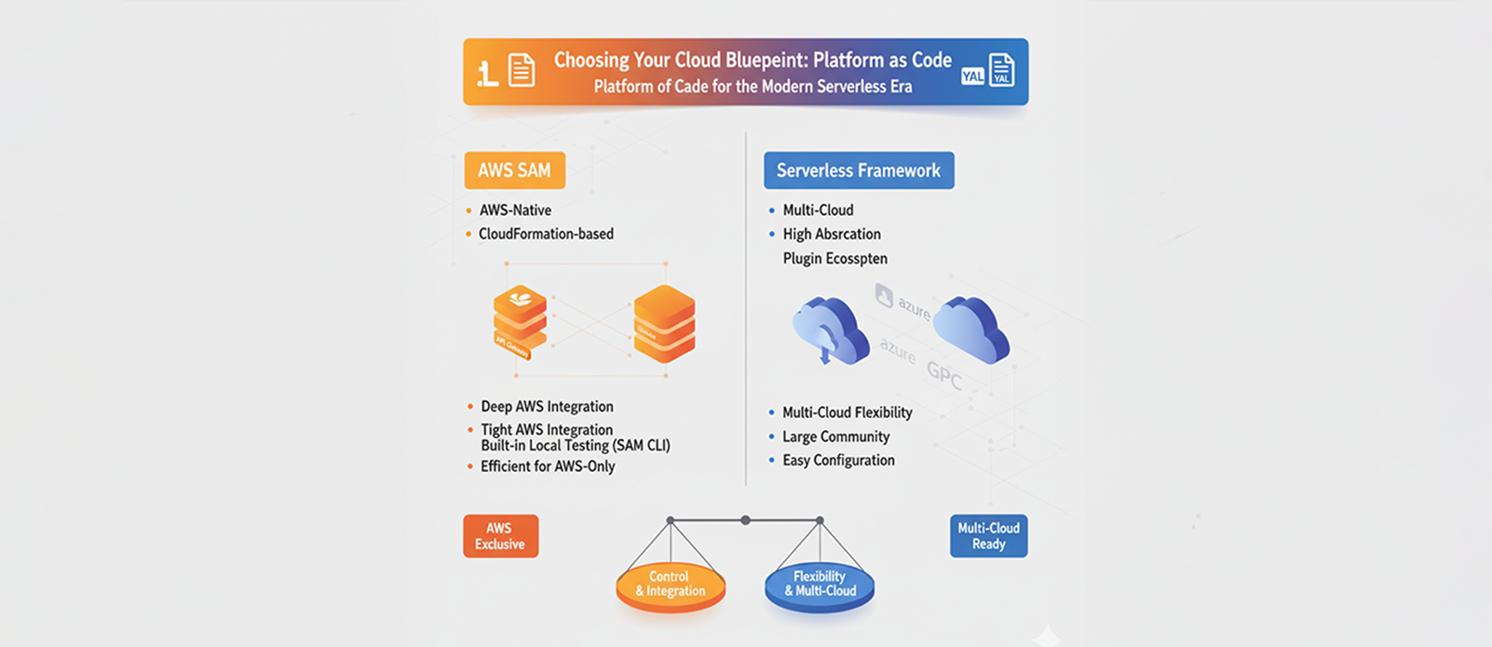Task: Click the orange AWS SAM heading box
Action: pos(514,170)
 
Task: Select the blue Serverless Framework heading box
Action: pos(858,170)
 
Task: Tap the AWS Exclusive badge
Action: pos(500,536)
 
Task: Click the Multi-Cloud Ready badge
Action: pos(988,536)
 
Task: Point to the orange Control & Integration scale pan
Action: pos(671,586)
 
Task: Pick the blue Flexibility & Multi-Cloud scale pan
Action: pos(820,586)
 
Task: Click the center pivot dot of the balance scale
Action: pos(745,520)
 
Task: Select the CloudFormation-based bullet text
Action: pos(546,234)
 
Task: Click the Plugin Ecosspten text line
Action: pos(834,259)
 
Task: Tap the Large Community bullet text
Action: pos(835,437)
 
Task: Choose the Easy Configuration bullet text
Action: pos(838,460)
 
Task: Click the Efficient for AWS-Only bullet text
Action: pos(548,466)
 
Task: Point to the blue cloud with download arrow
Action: pos(829,330)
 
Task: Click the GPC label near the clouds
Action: pos(943,374)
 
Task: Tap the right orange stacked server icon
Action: pos(664,323)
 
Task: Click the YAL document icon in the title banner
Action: pos(1001,71)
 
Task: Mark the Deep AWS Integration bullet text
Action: pos(547,407)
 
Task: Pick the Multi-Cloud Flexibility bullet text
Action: pos(847,412)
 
